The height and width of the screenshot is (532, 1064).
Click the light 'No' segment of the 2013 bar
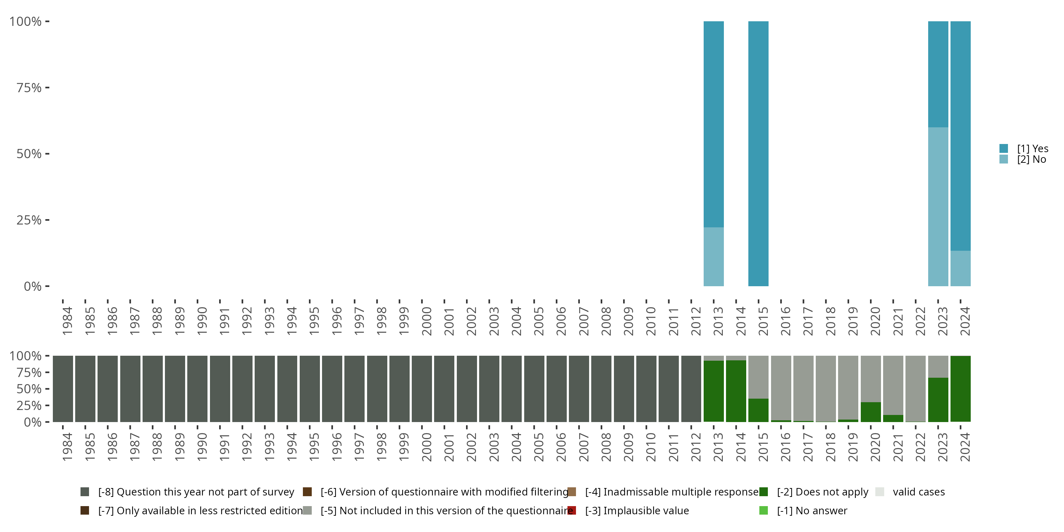coord(713,256)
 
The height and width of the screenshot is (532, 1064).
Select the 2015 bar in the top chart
coord(758,153)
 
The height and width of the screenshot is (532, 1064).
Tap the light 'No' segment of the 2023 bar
coord(938,206)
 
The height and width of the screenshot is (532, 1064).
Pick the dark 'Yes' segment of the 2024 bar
coord(960,136)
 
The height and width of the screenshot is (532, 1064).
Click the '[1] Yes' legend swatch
coord(1004,149)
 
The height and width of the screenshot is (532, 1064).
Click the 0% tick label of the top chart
coord(33,286)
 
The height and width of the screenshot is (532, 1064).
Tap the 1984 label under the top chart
coord(67,321)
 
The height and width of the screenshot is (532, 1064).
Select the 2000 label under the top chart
coord(427,321)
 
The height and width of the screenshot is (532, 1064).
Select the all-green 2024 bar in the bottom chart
coord(960,389)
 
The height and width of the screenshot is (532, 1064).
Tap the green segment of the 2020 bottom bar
coord(871,412)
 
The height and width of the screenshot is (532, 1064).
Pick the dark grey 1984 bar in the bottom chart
coord(63,389)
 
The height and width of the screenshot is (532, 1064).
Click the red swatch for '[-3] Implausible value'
coord(572,510)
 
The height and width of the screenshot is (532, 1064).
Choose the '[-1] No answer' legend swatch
coord(763,510)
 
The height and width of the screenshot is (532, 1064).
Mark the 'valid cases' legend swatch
coord(880,492)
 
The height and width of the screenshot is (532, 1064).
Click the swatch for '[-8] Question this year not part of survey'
coord(85,492)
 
